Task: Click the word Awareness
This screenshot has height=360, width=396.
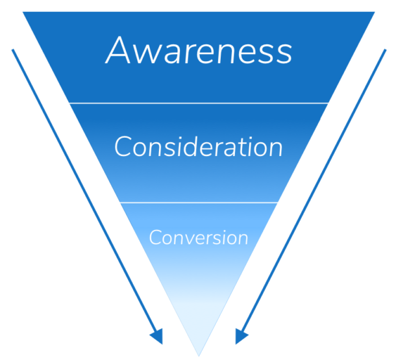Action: click(198, 51)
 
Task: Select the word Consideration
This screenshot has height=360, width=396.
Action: click(198, 147)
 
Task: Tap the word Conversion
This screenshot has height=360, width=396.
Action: click(198, 237)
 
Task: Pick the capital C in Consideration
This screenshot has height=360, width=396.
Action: click(123, 148)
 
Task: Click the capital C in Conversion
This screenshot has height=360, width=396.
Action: click(156, 237)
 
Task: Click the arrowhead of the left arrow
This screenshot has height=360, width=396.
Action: click(156, 336)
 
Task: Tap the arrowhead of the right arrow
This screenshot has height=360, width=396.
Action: click(241, 336)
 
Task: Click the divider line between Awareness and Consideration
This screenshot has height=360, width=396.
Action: click(198, 103)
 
